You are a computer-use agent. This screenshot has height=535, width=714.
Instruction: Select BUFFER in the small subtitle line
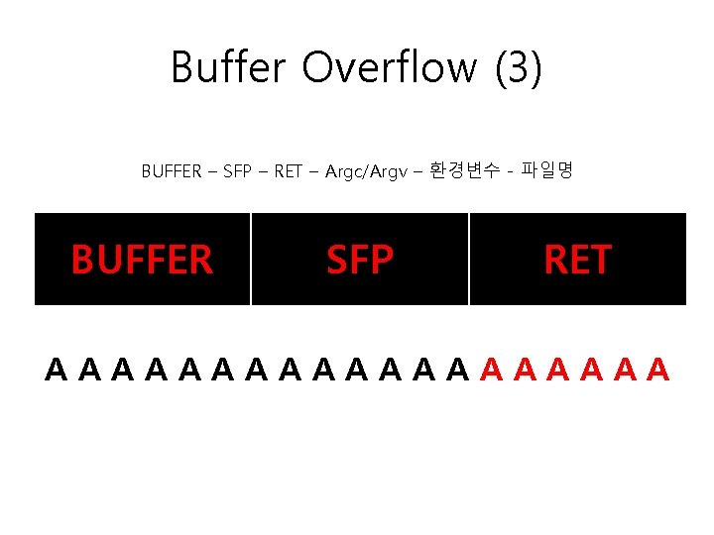tap(171, 171)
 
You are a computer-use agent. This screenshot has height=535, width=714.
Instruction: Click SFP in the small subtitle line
tap(237, 171)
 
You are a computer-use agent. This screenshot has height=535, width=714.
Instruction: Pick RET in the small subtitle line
tap(288, 171)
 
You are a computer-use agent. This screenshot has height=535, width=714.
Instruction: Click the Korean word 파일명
tap(546, 171)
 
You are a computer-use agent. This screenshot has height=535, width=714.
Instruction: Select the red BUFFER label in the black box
tap(142, 260)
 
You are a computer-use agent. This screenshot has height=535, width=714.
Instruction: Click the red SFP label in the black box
tap(360, 260)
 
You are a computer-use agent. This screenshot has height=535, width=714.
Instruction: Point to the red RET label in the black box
tap(577, 260)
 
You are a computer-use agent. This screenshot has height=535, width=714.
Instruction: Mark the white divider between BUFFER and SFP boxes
tap(251, 259)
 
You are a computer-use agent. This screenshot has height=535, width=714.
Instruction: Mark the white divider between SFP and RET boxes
tap(469, 259)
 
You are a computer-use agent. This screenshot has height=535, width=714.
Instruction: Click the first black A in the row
tap(57, 371)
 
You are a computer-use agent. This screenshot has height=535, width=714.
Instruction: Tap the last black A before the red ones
tap(457, 371)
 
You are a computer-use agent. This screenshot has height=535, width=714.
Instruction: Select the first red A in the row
tap(491, 371)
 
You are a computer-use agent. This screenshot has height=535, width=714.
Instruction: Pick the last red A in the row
tap(657, 371)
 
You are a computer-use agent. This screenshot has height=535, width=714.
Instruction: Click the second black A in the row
tap(90, 371)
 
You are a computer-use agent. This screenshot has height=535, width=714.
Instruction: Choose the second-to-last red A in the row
tap(624, 371)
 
